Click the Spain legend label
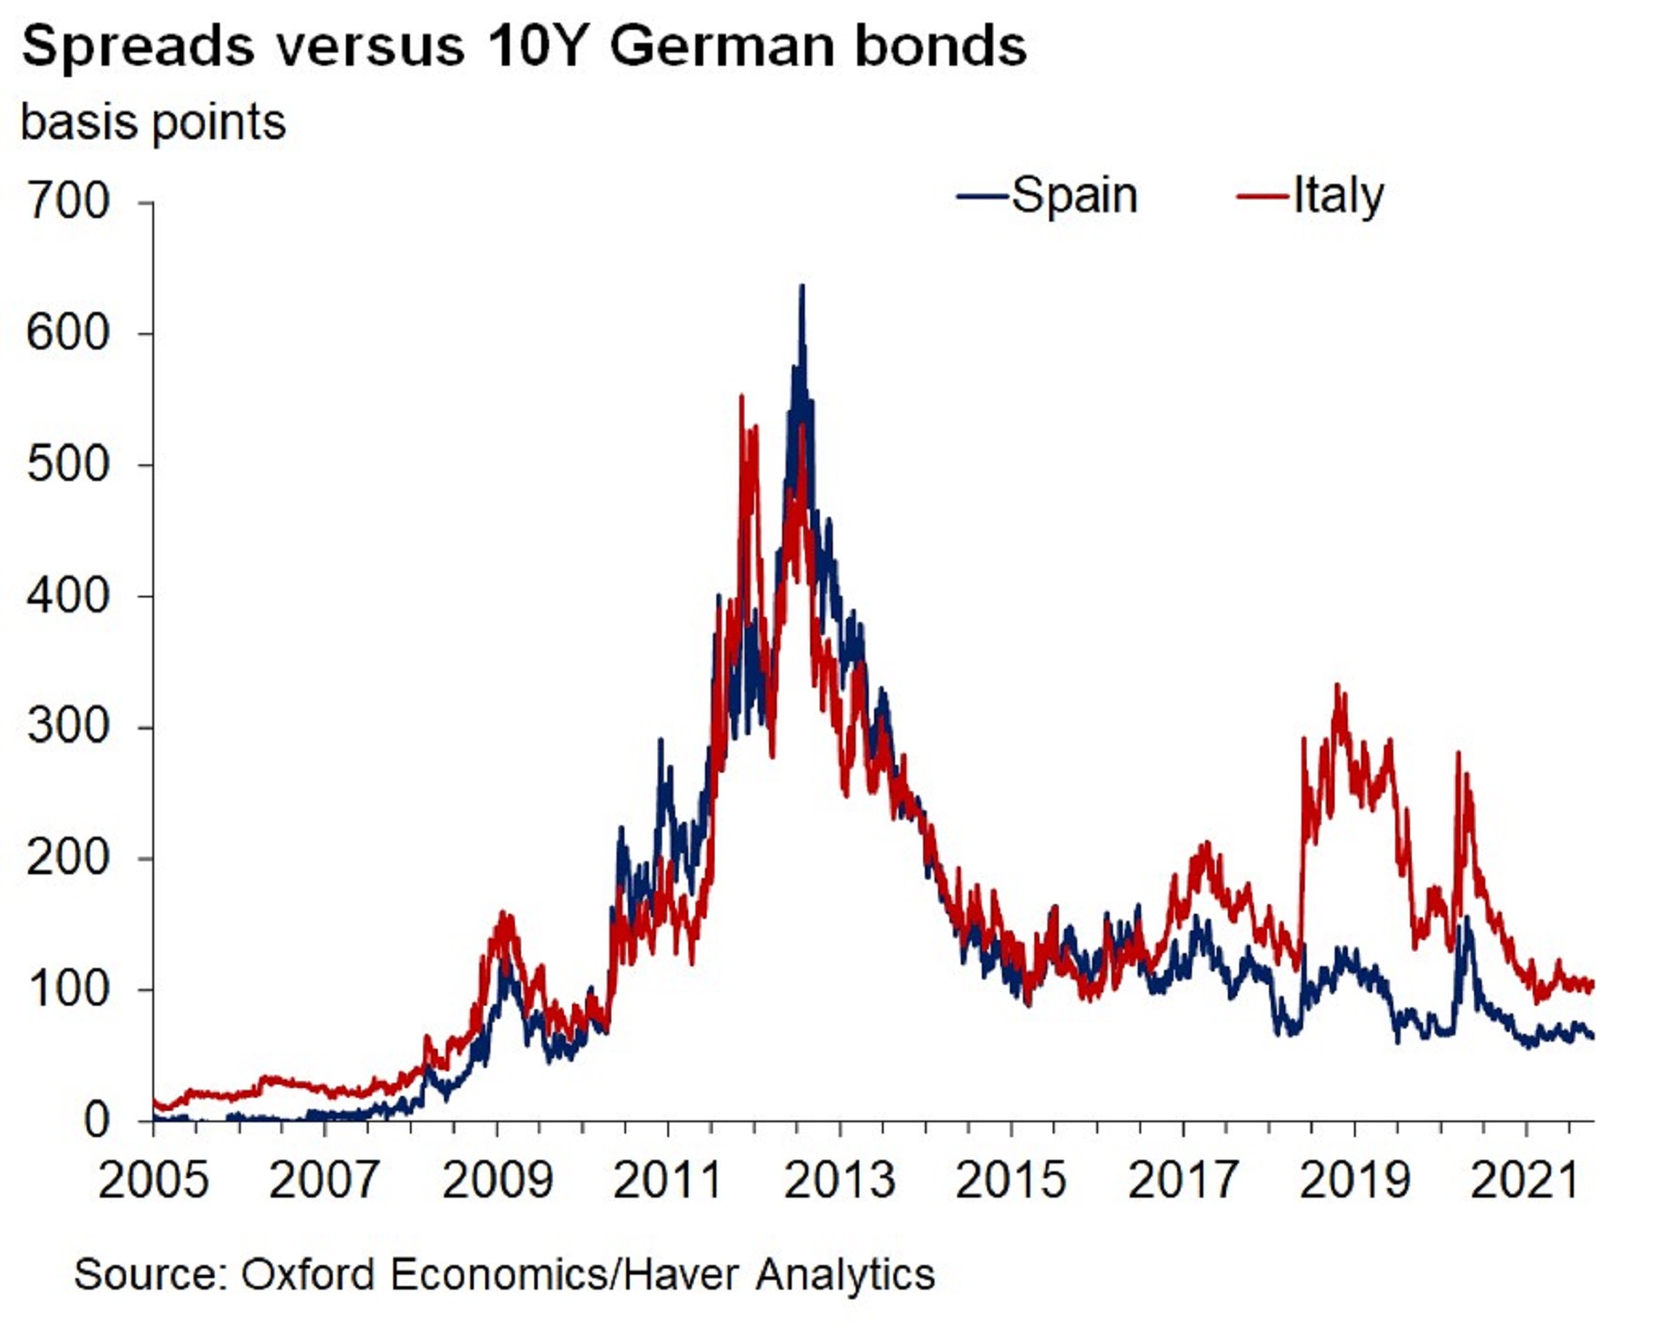coord(1074,195)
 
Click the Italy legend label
coord(1338,195)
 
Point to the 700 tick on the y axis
coord(68,201)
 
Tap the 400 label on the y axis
coord(68,596)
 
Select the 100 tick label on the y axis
coord(68,989)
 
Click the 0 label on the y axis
coord(96,1120)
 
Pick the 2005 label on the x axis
coord(153,1180)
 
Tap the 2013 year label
coord(839,1180)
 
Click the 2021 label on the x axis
coord(1526,1180)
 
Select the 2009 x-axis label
coord(497,1180)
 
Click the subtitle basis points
coord(153,122)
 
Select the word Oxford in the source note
coord(308,1274)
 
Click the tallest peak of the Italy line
coord(742,397)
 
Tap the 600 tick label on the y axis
coord(68,333)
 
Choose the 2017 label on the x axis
coord(1182,1180)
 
